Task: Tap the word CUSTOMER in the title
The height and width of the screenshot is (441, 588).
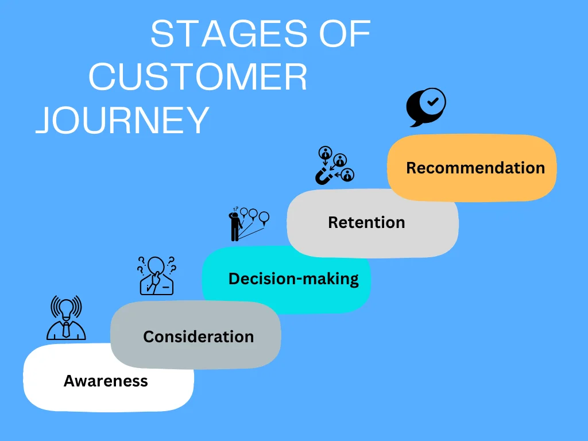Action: [x=198, y=78]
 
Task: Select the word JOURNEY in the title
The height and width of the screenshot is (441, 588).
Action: [x=122, y=121]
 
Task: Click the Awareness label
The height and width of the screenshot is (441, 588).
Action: [x=106, y=381]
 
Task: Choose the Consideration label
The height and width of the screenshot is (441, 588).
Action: [x=198, y=336]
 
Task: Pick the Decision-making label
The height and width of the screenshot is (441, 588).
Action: [x=293, y=279]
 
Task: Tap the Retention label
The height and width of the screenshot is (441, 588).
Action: [x=366, y=222]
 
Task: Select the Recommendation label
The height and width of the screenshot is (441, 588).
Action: [x=475, y=168]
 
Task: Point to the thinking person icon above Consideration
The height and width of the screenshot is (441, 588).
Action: [x=156, y=275]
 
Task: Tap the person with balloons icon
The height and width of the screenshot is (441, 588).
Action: [x=247, y=224]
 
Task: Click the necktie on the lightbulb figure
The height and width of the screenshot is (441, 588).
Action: [x=66, y=330]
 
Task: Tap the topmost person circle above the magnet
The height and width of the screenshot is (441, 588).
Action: [x=326, y=153]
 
